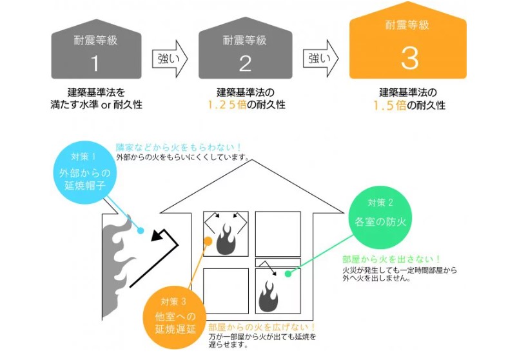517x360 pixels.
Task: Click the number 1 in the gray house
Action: [x=95, y=63]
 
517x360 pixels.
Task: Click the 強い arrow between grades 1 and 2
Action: [x=170, y=60]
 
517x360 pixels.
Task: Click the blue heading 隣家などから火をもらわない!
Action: [x=179, y=147]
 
